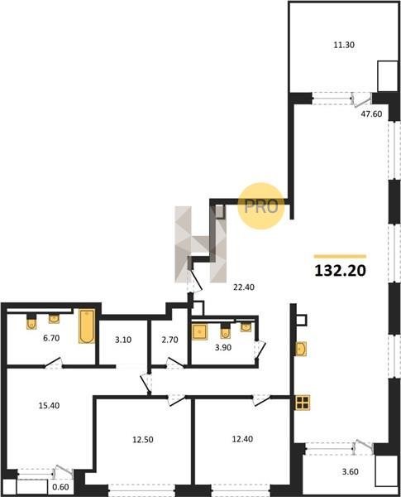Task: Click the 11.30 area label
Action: point(344,45)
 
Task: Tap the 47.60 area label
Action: point(371,113)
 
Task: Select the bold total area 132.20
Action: point(341,271)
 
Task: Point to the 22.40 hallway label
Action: point(244,287)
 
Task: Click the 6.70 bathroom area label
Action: point(51,338)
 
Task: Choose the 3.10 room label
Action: point(123,340)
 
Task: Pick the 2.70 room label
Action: point(170,340)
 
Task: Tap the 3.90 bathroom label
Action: point(223,348)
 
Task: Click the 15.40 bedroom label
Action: point(49,405)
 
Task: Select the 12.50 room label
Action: point(143,440)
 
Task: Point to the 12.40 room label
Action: point(242,439)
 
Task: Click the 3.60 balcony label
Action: point(350,471)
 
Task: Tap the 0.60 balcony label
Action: point(60,487)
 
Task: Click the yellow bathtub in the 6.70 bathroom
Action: point(87,326)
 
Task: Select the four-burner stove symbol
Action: point(303,403)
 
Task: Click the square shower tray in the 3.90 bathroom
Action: point(200,332)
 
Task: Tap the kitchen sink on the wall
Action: point(301,349)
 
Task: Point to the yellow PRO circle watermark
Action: point(261,206)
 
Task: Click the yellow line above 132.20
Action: point(341,257)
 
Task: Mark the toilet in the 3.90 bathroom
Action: point(225,331)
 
